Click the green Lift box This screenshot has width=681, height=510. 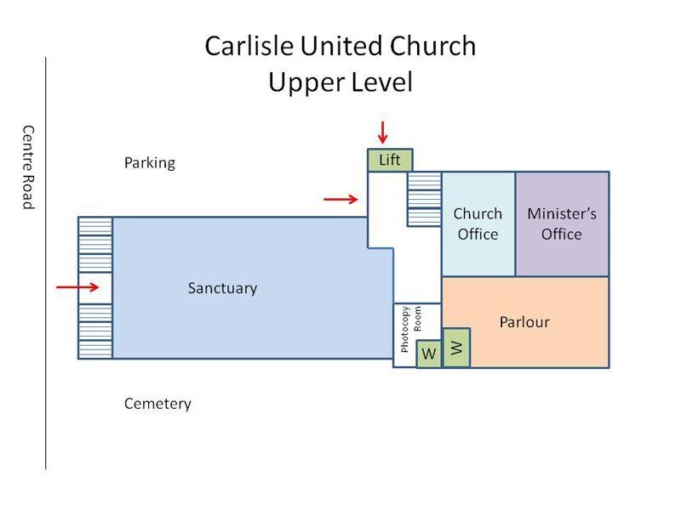[390, 160]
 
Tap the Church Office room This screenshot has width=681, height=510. [478, 224]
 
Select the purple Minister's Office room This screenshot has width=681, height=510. [562, 224]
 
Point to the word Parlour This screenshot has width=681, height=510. [524, 322]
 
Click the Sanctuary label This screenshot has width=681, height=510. [222, 288]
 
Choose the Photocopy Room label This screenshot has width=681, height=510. [411, 329]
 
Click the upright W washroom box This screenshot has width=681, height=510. [429, 354]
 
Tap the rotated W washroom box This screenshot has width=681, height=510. [456, 347]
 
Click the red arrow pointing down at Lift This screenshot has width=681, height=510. [383, 133]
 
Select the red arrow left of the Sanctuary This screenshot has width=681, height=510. [77, 287]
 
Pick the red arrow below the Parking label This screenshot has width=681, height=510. [340, 199]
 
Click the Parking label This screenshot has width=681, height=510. [149, 162]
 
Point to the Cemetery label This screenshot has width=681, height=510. [157, 403]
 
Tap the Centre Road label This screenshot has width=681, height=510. [28, 167]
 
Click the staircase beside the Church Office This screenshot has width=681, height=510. [424, 199]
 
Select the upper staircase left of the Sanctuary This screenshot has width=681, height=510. [94, 244]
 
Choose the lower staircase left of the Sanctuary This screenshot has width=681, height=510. [94, 331]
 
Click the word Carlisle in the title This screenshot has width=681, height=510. [250, 46]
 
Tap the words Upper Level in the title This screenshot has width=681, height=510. [340, 82]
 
